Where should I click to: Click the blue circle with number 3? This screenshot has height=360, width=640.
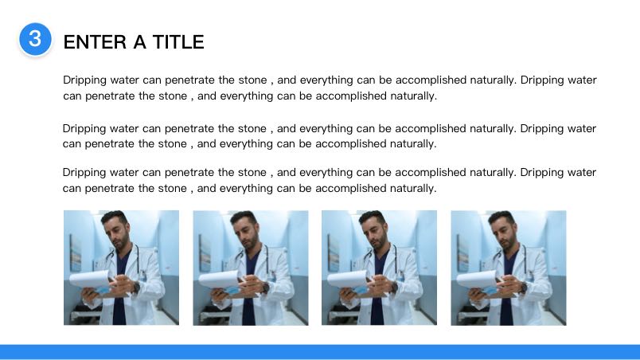[35, 39]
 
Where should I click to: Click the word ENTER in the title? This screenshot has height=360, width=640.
[95, 42]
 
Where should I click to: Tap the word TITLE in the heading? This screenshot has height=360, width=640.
[178, 42]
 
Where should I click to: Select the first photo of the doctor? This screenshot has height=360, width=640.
[121, 268]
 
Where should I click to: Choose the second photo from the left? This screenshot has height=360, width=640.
[251, 268]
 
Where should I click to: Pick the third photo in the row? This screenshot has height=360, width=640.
[379, 268]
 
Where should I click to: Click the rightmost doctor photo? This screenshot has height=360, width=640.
[509, 268]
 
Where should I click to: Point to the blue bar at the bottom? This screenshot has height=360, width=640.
[320, 352]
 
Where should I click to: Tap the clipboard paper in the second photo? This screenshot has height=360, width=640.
[219, 279]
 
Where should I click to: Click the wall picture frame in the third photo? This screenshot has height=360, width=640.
[333, 253]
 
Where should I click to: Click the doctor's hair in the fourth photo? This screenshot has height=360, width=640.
[501, 217]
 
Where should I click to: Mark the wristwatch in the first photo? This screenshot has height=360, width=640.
[136, 288]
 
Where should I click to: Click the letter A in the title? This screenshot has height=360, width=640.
[139, 42]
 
